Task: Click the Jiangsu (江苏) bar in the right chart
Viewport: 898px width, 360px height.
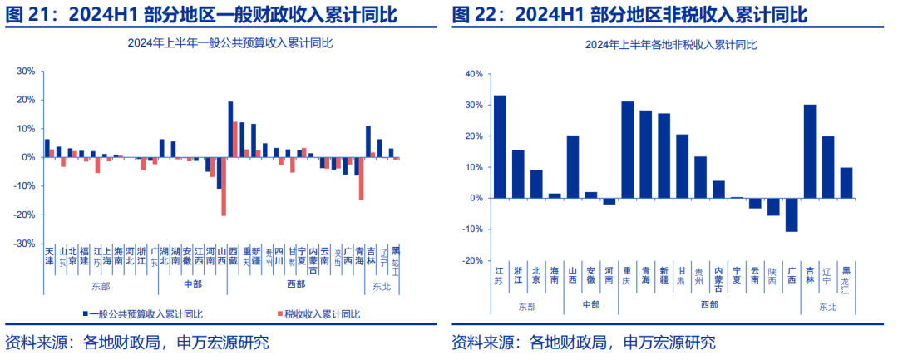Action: pos(500,146)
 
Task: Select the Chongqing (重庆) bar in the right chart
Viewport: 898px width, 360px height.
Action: pos(627,150)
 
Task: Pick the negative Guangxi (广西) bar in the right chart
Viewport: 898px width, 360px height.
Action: pos(792,215)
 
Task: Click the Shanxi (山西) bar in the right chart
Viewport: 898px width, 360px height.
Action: pos(573,166)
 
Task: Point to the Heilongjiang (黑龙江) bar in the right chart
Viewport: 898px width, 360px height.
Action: pos(846,183)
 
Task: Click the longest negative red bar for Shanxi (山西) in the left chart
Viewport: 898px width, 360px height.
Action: pos(224,186)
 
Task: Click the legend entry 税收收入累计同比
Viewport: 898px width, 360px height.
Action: pos(321,313)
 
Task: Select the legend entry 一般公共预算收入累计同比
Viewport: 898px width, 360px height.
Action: pos(146,313)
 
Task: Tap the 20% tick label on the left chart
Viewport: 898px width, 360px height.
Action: pos(27,100)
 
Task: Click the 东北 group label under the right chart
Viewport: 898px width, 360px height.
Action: pos(827,307)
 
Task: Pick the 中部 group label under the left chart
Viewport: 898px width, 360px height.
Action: pos(192,284)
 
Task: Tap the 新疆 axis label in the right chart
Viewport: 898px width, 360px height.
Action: pos(664,274)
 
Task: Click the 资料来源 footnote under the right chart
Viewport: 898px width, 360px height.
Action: pos(583,342)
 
